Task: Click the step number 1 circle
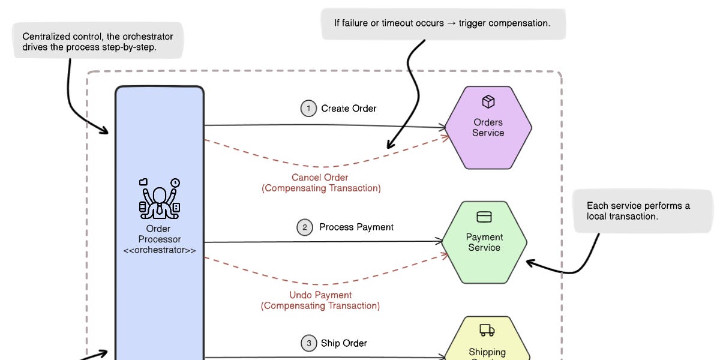point(308,109)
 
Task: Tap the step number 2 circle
point(305,227)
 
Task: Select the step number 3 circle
point(308,343)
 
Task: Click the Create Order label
point(349,109)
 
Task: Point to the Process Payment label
point(356,227)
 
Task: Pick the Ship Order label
point(344,343)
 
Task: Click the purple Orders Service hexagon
point(488,128)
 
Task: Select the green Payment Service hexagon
point(484,242)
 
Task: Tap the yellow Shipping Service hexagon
point(487,342)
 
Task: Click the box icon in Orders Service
point(488,101)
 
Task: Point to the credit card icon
point(484,217)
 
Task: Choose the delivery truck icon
point(487,330)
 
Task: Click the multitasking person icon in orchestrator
point(159,199)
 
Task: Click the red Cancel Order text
point(320,178)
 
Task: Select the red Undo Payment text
point(320,295)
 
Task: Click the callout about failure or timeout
point(443,24)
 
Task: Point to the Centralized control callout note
point(98,41)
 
